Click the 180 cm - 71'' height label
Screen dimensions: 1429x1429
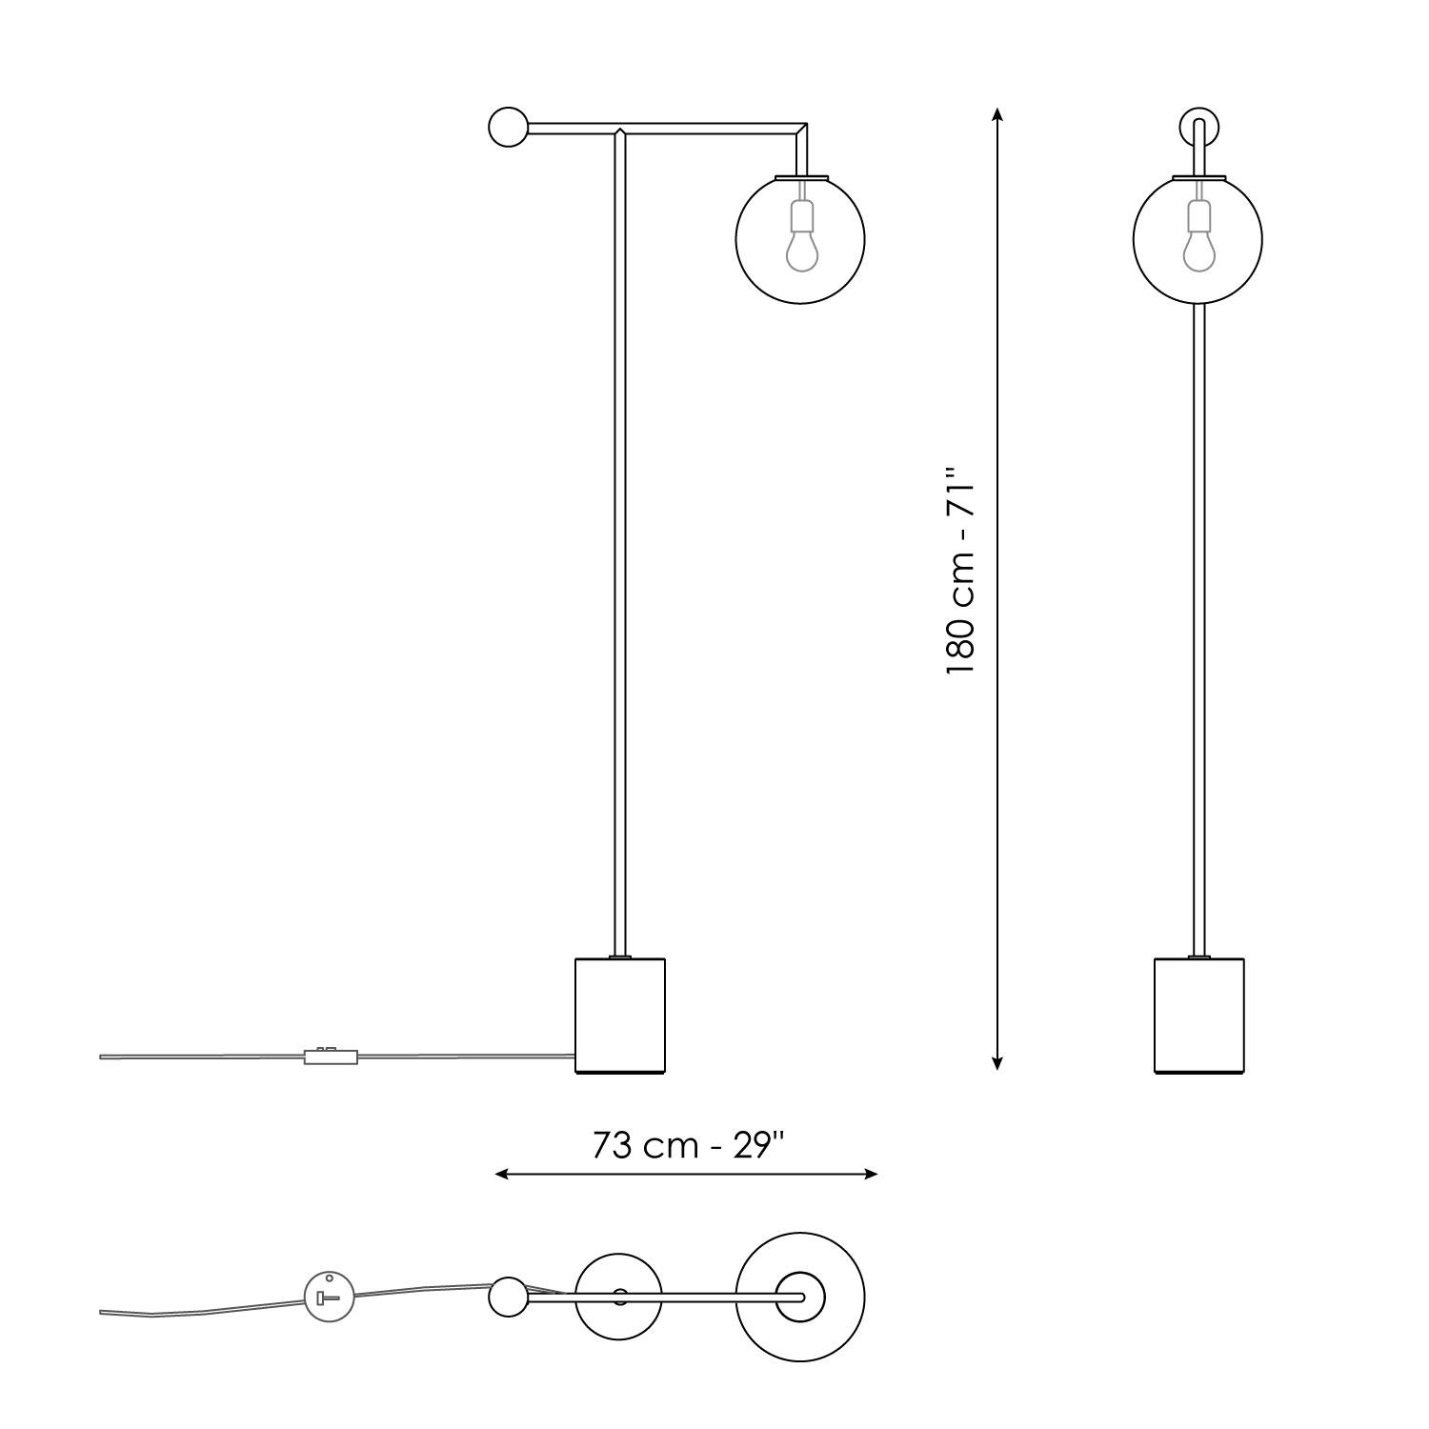point(961,572)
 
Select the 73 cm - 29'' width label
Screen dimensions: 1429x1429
point(687,1145)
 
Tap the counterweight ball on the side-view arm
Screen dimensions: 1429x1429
point(507,127)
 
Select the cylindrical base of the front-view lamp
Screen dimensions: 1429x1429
point(1198,1016)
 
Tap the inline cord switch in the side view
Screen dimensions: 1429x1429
point(331,1056)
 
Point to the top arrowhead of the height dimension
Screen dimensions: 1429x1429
point(996,114)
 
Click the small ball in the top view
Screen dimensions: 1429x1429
point(507,1297)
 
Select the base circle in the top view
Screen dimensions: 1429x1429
point(619,1297)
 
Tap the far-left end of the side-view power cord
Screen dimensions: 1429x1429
point(103,1057)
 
